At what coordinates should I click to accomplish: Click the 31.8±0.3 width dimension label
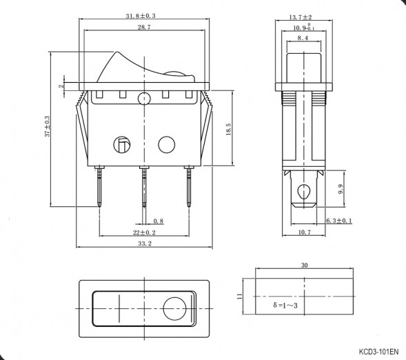coord(141,16)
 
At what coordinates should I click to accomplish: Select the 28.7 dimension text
coord(144,27)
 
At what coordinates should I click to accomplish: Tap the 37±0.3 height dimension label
coord(47,126)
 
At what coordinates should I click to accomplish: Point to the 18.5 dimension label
coord(228,129)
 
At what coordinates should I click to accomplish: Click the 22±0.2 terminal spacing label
coord(144,232)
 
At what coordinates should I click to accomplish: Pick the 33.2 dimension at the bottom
coord(145,243)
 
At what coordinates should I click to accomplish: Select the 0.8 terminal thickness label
coord(159,221)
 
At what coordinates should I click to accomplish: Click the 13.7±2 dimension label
coord(301,17)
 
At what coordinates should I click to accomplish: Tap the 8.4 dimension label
coord(303,38)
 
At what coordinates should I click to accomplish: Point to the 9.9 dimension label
coord(341,189)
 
